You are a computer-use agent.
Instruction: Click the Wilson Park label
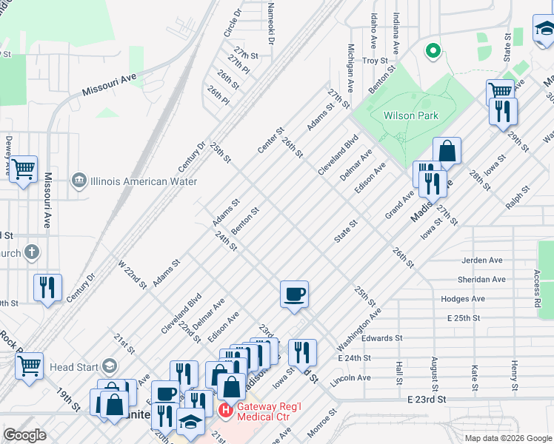[410, 115]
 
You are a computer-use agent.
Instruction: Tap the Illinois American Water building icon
[79, 181]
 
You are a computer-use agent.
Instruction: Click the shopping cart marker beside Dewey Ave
[24, 169]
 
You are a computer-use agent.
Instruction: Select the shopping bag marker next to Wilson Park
[447, 151]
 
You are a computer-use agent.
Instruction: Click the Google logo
[24, 435]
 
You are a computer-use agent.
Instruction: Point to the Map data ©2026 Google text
[507, 438]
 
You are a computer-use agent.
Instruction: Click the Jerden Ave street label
[481, 260]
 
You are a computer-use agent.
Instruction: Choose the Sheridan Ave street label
[482, 280]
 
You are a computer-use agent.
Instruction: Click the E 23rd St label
[428, 399]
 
